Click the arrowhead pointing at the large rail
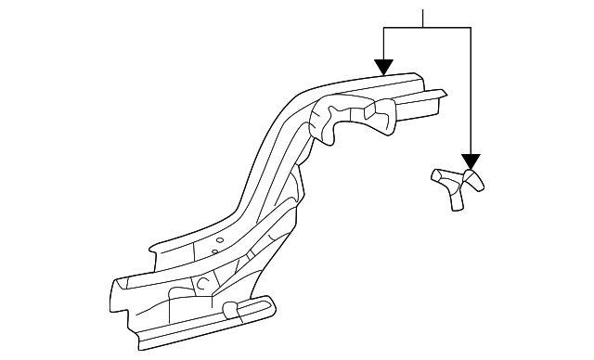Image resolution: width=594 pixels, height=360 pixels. point(383,68)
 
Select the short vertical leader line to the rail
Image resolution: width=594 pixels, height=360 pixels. point(383,44)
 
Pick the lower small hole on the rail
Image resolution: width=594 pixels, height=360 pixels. point(214,251)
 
